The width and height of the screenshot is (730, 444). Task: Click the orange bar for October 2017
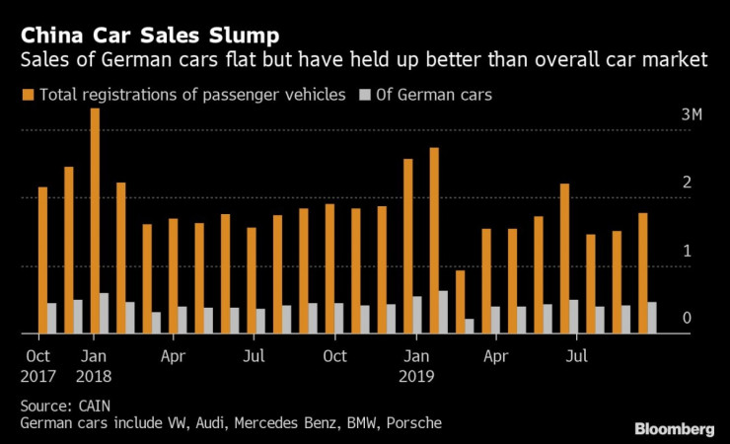[42, 260]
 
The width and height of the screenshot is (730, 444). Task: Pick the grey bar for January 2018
[105, 314]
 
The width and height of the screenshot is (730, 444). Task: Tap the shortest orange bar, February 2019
[460, 302]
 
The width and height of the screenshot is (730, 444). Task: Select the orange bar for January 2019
[408, 247]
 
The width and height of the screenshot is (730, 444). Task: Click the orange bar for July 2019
[564, 259]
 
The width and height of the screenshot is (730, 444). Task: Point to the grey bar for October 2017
[52, 319]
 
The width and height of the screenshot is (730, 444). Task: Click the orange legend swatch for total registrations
[25, 95]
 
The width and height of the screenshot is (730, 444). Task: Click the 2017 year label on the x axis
[38, 375]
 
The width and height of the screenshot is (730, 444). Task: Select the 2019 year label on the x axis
[416, 375]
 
